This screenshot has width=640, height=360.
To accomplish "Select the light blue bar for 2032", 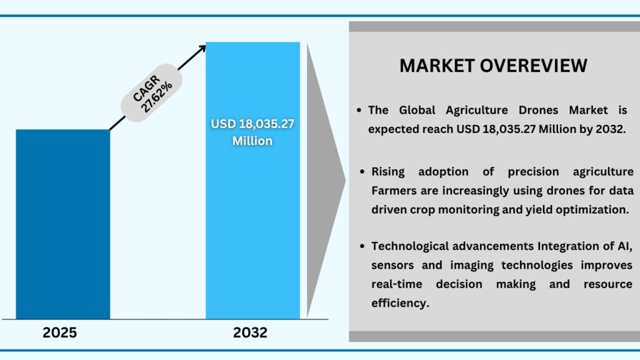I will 252,187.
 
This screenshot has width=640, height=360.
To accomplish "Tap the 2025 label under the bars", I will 60,332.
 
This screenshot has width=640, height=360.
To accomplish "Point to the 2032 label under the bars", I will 251,332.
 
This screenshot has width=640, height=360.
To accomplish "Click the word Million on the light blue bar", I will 252,141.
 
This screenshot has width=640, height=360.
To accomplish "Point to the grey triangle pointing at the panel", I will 325,181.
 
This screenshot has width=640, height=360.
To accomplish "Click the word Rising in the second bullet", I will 390,171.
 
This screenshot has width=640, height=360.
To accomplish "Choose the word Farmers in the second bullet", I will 394,190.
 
